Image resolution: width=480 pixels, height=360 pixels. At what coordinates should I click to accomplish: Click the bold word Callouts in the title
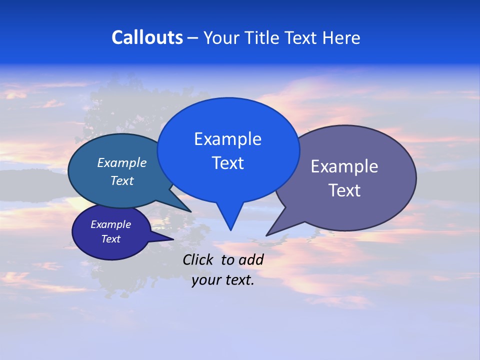point(147,37)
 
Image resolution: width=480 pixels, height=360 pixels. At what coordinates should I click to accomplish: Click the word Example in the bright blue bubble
point(227,139)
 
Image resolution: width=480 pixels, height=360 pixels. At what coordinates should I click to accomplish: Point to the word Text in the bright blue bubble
point(227,163)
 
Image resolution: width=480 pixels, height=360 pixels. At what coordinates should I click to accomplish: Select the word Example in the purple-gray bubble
point(344,166)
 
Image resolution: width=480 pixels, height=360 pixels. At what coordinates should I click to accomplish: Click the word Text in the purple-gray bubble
point(344,190)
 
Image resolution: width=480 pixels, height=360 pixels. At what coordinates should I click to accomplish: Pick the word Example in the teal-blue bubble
point(122,163)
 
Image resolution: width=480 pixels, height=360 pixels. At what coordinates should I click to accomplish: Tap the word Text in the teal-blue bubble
point(122,180)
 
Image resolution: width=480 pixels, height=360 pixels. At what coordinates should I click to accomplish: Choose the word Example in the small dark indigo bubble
point(111,224)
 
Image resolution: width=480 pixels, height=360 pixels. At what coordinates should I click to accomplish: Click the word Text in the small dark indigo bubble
point(111,239)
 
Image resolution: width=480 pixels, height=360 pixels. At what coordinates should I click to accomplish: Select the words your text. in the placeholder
point(223,280)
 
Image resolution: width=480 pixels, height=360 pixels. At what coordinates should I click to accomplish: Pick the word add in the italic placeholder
point(251,259)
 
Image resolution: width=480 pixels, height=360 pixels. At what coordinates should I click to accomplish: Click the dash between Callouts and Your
point(193,38)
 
